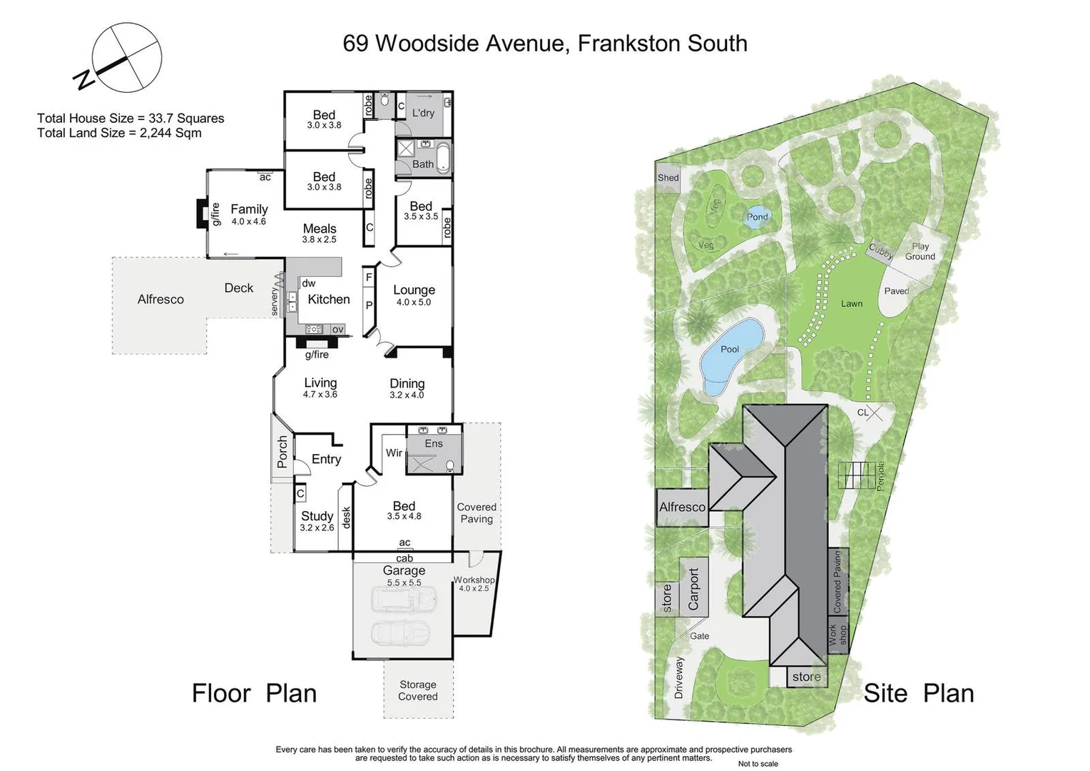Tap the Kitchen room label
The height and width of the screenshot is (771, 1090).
tap(328, 299)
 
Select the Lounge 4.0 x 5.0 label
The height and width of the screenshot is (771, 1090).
tap(414, 295)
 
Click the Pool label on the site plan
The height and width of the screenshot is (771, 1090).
tap(730, 349)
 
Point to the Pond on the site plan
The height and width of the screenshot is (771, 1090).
tap(757, 217)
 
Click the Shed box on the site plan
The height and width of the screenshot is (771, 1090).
tap(668, 178)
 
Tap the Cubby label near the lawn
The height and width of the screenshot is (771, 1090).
tap(881, 251)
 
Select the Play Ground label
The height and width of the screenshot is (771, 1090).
tap(920, 251)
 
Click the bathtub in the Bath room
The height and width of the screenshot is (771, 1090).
tap(443, 158)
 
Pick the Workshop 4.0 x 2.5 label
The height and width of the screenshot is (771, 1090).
tap(474, 584)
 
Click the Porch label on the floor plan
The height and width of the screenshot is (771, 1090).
tap(282, 451)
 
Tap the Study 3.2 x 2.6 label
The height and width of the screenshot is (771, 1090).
tap(317, 520)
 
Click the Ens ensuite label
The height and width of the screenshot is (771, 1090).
tap(434, 443)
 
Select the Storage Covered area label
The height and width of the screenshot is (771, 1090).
tap(418, 690)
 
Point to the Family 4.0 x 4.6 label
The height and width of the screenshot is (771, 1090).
tap(249, 214)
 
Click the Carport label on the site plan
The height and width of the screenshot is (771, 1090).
tap(693, 588)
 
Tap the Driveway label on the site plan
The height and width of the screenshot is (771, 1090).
tap(678, 677)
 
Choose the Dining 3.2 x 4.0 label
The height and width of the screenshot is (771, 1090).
tap(407, 388)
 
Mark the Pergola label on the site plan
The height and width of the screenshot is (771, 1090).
tap(880, 476)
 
